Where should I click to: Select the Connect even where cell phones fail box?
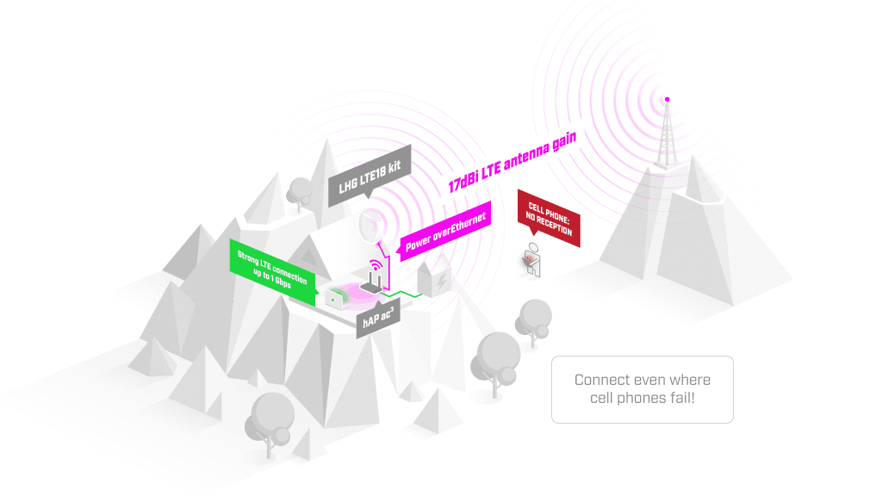[x=642, y=389]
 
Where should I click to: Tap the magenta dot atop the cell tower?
[x=666, y=99]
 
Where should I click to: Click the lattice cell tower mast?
[x=665, y=138]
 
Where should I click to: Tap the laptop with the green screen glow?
[x=335, y=299]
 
